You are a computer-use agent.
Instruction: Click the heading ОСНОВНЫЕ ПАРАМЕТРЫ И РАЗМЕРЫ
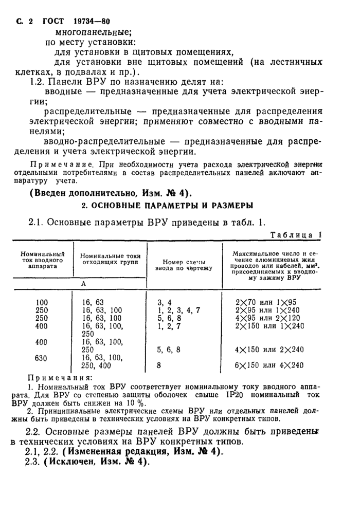click(x=168, y=206)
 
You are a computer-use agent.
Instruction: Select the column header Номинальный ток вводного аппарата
click(x=42, y=260)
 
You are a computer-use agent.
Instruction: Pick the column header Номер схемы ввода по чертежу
click(x=184, y=264)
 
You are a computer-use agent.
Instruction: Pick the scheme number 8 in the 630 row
click(x=158, y=365)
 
